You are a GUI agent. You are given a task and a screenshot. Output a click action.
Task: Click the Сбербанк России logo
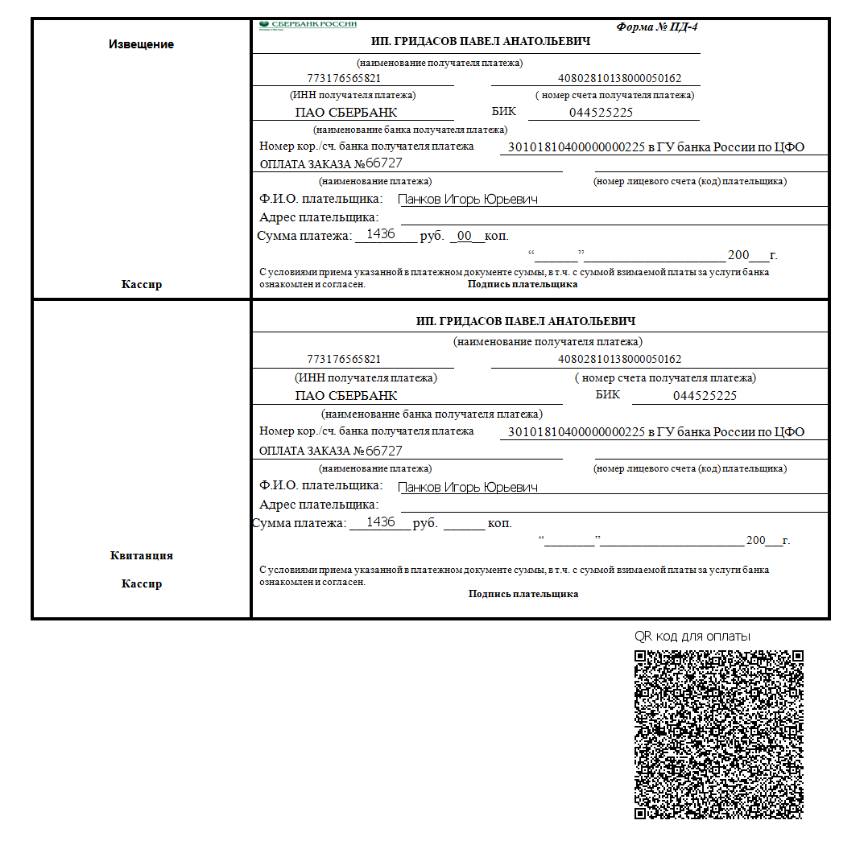pyautogui.click(x=308, y=25)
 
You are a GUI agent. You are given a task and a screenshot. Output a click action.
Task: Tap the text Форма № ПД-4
pyautogui.click(x=657, y=27)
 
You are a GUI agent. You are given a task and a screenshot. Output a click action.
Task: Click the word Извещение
pyautogui.click(x=141, y=44)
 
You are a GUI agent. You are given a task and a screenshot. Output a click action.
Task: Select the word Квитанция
pyautogui.click(x=141, y=555)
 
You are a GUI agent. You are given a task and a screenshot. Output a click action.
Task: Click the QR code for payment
pyautogui.click(x=718, y=734)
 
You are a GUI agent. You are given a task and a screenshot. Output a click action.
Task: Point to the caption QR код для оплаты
pyautogui.click(x=692, y=636)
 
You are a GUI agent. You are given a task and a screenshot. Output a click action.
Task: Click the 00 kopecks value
pyautogui.click(x=464, y=236)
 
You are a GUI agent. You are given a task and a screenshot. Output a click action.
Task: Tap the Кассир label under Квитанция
pyautogui.click(x=141, y=583)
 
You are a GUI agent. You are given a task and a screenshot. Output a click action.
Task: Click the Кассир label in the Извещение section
pyautogui.click(x=141, y=284)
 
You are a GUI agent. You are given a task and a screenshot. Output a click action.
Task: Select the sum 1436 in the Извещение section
pyautogui.click(x=380, y=234)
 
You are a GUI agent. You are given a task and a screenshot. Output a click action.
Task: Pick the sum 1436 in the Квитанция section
pyautogui.click(x=380, y=522)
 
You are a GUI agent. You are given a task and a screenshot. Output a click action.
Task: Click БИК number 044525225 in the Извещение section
pyautogui.click(x=601, y=113)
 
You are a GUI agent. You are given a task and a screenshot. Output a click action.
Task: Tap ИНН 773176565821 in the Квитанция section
pyautogui.click(x=344, y=359)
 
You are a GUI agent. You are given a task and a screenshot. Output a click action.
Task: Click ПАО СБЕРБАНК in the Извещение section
pyautogui.click(x=346, y=113)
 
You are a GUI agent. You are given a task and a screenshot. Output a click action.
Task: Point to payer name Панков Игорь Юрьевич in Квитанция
pyautogui.click(x=468, y=487)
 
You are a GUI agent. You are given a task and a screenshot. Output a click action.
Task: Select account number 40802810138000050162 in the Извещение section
pyautogui.click(x=619, y=79)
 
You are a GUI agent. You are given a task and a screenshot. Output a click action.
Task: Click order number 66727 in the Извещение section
pyautogui.click(x=384, y=163)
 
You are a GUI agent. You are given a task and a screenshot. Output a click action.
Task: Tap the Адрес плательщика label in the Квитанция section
pyautogui.click(x=319, y=505)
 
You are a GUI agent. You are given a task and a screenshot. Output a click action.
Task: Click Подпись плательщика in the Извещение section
pyautogui.click(x=523, y=284)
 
